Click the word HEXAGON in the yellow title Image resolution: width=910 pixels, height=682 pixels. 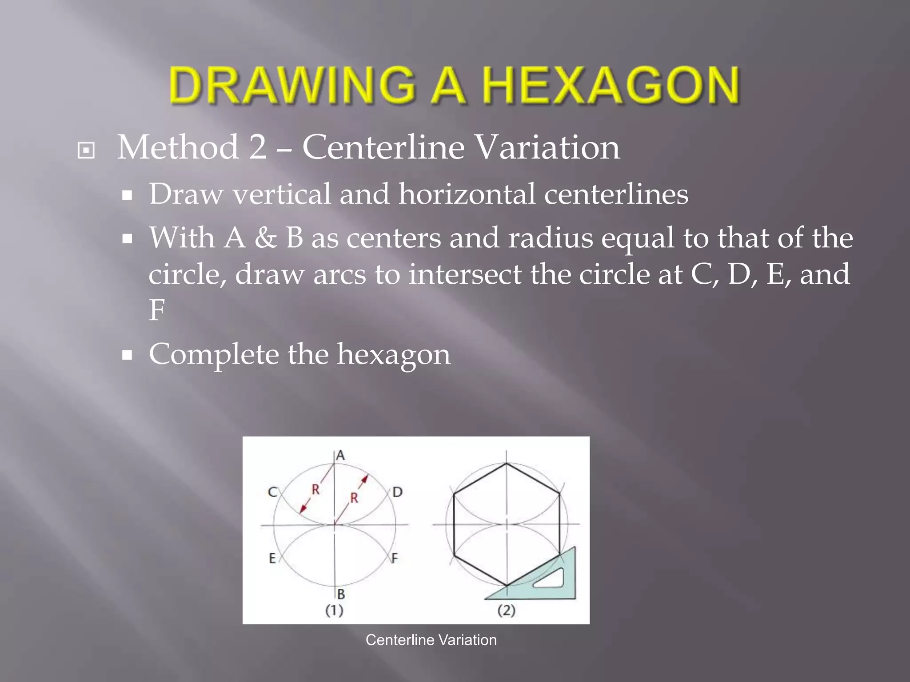pos(611,85)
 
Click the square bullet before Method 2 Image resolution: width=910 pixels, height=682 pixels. pos(86,150)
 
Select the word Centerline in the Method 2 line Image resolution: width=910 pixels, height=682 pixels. pos(382,147)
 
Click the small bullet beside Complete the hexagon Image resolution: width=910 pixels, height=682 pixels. pos(128,355)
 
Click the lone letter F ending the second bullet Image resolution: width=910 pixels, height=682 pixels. pos(156,309)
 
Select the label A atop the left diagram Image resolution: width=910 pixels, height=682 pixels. pos(340,455)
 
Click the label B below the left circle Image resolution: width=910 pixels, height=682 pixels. pos(341,594)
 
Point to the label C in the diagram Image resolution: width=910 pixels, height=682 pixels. pos(272,492)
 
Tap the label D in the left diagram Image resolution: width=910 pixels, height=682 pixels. pos(397,492)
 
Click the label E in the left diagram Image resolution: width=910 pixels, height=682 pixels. pos(272,559)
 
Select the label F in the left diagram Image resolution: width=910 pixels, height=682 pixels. pos(395,559)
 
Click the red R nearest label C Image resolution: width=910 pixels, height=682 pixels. pos(315,490)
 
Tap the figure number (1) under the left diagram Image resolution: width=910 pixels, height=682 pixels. pos(334,611)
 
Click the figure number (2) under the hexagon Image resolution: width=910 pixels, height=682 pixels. pos(506,611)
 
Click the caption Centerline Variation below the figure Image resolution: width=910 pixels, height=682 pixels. pos(431,640)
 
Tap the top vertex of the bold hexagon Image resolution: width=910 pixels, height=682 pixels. pos(507,464)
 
